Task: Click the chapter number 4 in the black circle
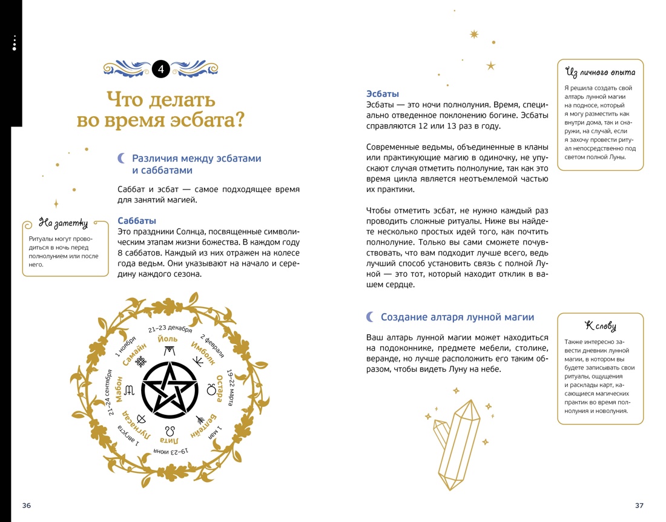[x=160, y=70]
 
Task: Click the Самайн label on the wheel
[x=135, y=353]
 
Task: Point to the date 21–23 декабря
[x=170, y=329]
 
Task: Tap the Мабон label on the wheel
[x=119, y=389]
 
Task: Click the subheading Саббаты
[x=137, y=221]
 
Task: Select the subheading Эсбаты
[x=383, y=94]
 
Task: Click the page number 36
[x=26, y=506]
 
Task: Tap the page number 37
[x=639, y=506]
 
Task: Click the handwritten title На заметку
[x=63, y=223]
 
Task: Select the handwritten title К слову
[x=600, y=326]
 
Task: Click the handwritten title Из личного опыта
[x=600, y=73]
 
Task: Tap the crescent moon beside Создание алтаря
[x=370, y=317]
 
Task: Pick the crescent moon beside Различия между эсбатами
[x=121, y=158]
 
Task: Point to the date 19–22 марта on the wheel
[x=233, y=388]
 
